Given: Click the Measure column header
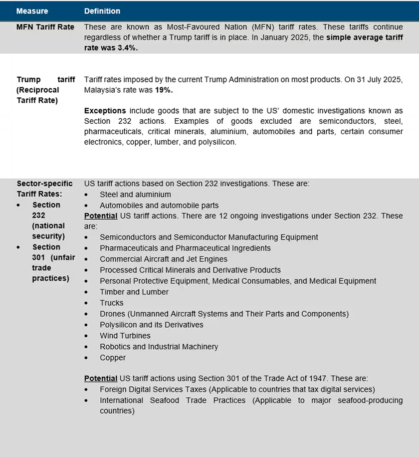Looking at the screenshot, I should [x=32, y=11].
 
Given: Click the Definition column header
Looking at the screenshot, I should [x=102, y=11].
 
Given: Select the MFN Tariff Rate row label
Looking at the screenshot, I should [x=45, y=27].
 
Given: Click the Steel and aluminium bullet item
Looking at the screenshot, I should [x=135, y=195].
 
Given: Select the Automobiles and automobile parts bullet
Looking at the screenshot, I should [x=159, y=205].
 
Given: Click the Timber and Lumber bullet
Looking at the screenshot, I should [x=134, y=292].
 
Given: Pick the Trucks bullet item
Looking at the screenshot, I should [x=111, y=303].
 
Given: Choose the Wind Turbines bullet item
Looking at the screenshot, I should [x=125, y=336].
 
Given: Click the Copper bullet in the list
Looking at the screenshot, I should [x=113, y=358].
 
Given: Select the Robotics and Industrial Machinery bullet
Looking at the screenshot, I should [x=159, y=347].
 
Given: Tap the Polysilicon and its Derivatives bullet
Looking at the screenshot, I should [x=152, y=325].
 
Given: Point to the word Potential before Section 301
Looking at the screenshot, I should [x=101, y=379].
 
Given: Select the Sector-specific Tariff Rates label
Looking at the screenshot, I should [x=44, y=189].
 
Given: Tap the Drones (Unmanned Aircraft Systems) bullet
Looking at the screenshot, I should [x=224, y=314].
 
